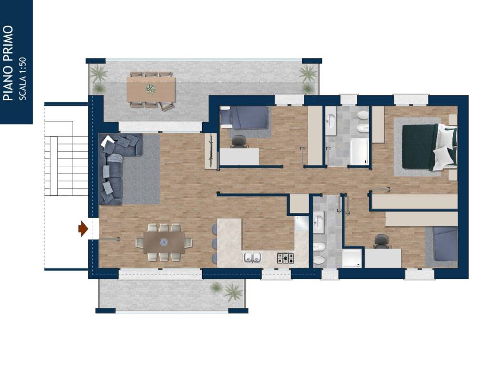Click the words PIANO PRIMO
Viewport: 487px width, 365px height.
[x=9, y=63]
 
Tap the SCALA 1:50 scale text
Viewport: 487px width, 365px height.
[x=23, y=78]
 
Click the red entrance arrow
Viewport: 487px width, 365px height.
[x=83, y=229]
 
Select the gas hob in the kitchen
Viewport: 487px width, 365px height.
[x=285, y=258]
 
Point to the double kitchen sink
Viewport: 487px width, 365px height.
[x=252, y=258]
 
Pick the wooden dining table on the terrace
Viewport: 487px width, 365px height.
[x=151, y=89]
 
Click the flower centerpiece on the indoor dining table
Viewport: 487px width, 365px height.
[x=164, y=242]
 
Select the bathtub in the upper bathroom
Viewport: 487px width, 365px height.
[x=359, y=152]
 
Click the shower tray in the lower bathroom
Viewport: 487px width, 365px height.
[x=352, y=258]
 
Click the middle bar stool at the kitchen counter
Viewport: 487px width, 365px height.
[x=214, y=244]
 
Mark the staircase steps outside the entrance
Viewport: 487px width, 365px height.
[x=66, y=166]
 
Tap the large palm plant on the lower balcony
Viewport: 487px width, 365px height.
[x=233, y=292]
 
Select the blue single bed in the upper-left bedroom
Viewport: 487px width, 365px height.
[x=244, y=118]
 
